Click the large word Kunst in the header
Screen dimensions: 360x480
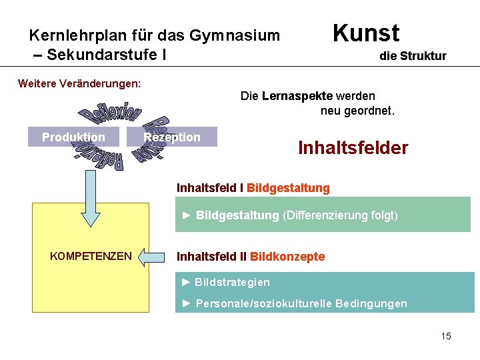365,33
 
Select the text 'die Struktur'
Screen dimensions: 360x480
413,56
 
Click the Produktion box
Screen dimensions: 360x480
73,137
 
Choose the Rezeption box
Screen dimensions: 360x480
172,137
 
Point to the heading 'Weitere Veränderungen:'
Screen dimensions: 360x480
79,83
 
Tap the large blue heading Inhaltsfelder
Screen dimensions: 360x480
353,147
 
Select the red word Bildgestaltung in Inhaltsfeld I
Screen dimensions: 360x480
288,188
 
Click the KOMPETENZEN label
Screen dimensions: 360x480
91,256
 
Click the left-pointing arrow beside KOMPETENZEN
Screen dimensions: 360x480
154,256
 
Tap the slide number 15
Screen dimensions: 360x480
446,336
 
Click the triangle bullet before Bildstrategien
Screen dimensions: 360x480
186,283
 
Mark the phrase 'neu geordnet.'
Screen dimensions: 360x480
357,111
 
